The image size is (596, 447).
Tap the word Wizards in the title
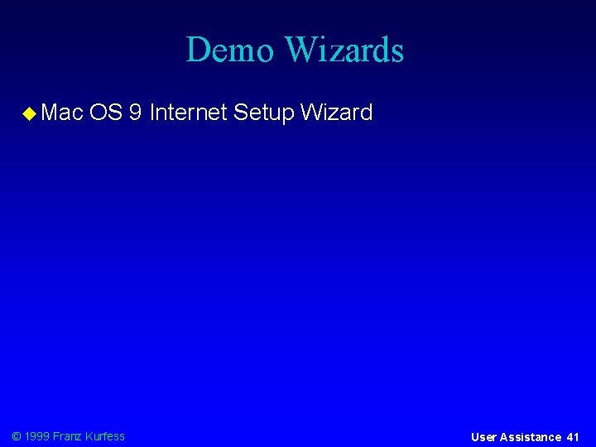(344, 50)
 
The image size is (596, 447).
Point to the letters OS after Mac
(106, 113)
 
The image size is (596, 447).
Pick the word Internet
(188, 113)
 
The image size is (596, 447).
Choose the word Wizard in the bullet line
(337, 113)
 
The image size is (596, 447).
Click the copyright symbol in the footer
(17, 436)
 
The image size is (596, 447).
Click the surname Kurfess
(106, 436)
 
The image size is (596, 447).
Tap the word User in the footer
(484, 437)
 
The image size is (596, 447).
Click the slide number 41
(573, 437)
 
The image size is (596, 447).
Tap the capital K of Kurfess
(90, 436)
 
